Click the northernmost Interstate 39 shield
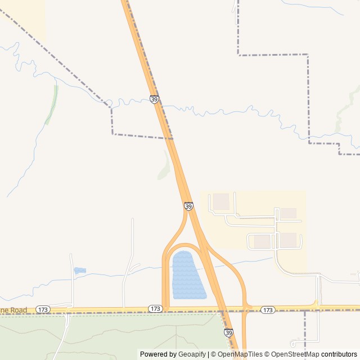[x=155, y=100]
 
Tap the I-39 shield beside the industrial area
[x=188, y=206]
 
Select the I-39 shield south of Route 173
[x=228, y=333]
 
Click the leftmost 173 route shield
[x=43, y=309]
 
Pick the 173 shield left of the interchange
[x=156, y=309]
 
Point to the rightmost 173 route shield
[x=268, y=310]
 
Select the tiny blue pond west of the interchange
[x=80, y=271]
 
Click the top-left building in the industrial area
[x=221, y=201]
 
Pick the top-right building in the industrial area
[x=289, y=213]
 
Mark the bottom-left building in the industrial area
[x=262, y=241]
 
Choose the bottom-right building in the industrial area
[x=289, y=240]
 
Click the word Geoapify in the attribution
[x=192, y=354]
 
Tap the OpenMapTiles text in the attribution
[x=240, y=354]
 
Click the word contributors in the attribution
[x=339, y=354]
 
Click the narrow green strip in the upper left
[x=52, y=104]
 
